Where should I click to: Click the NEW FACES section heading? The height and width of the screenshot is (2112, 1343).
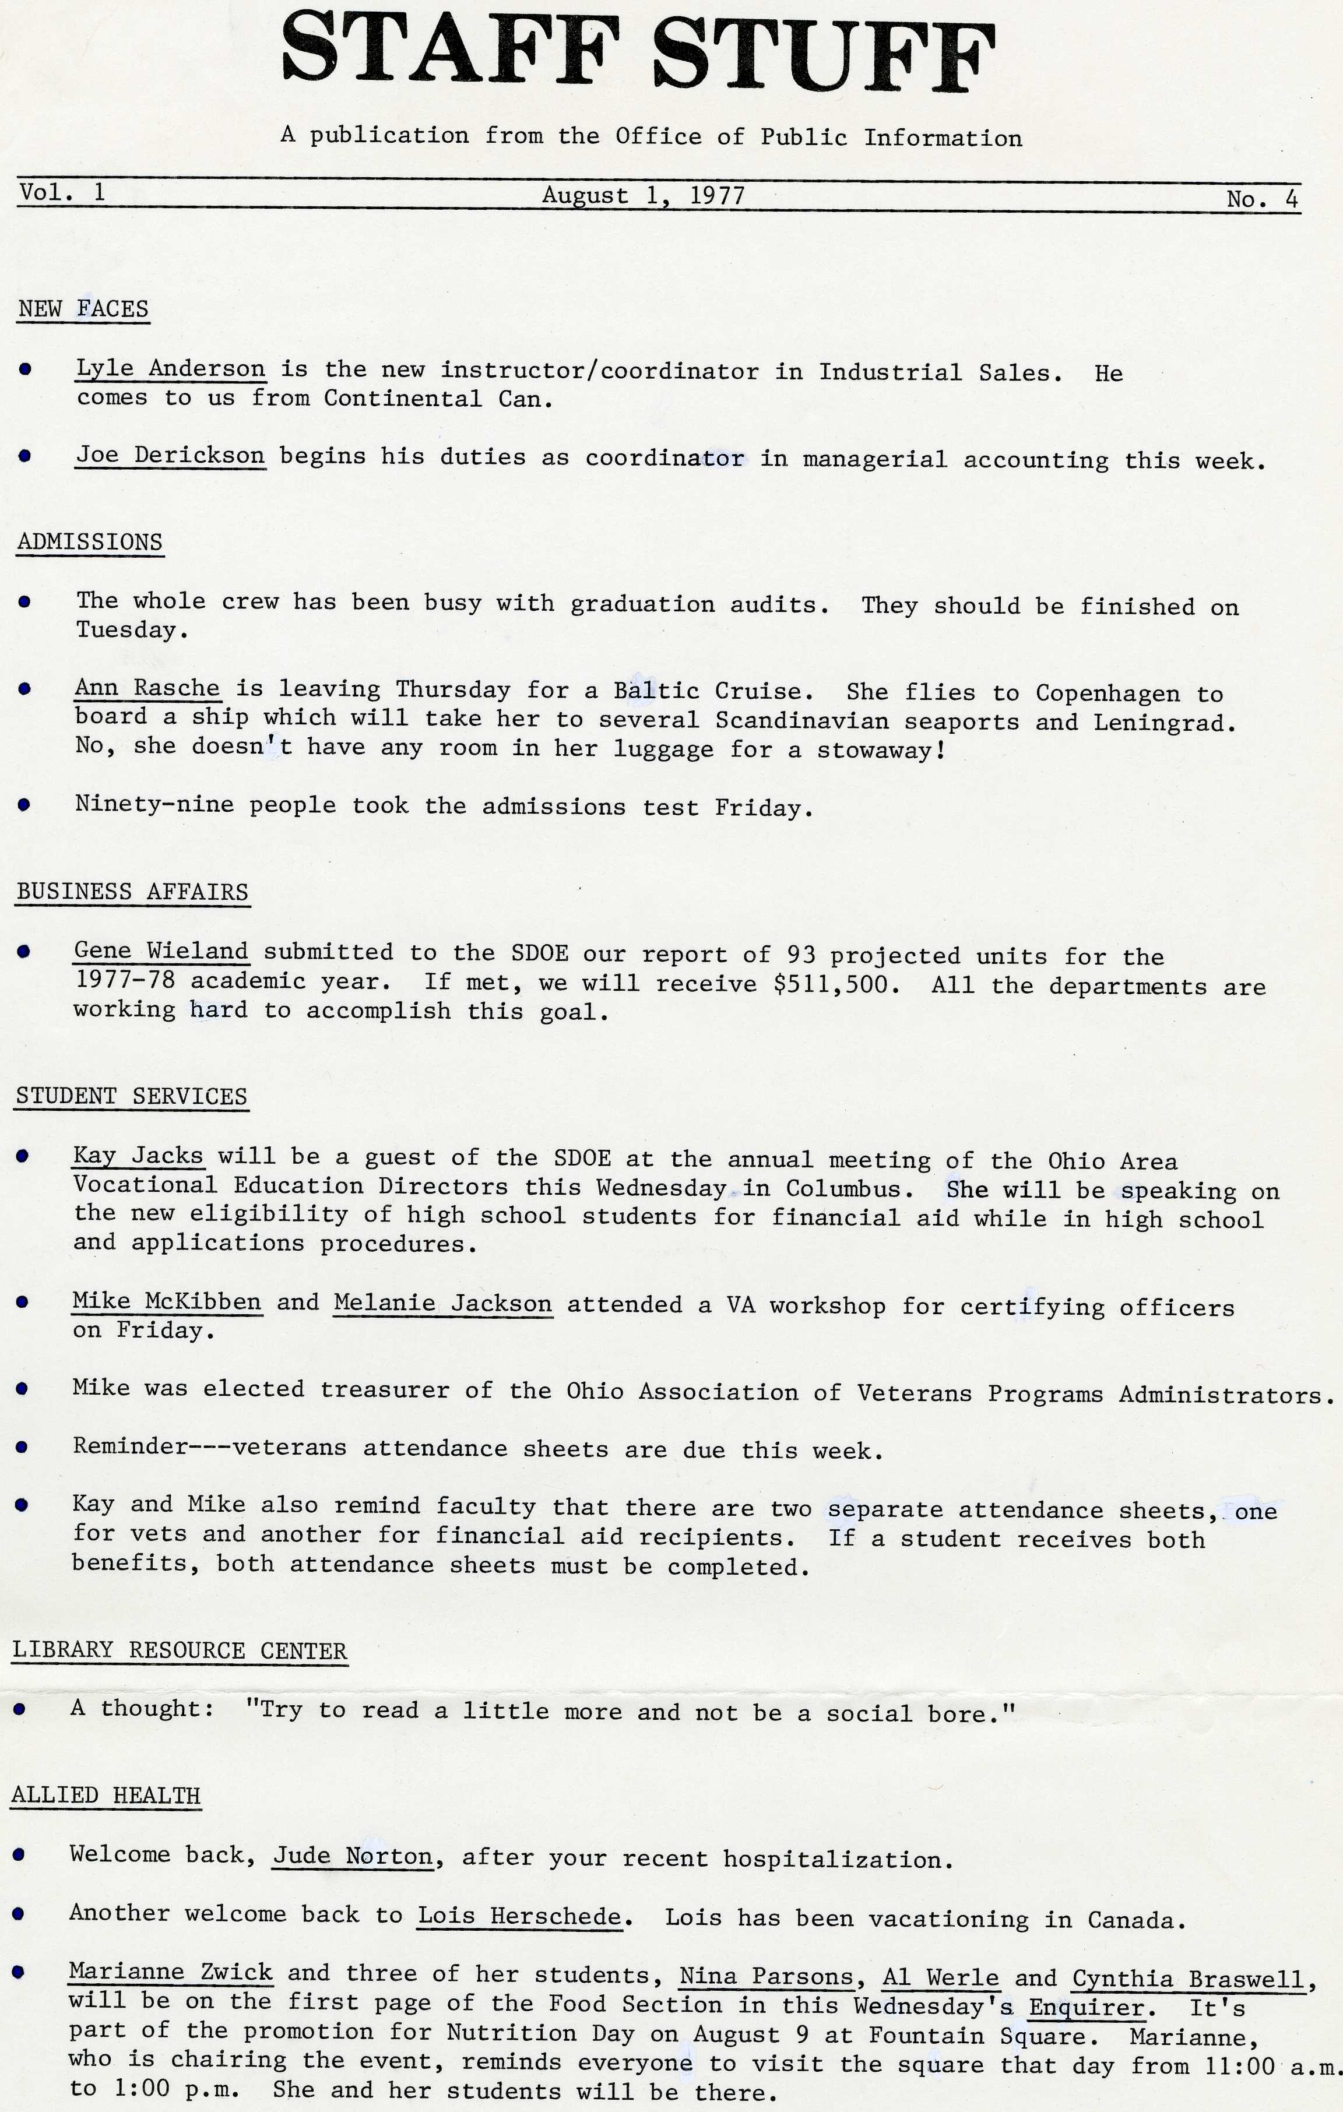pos(83,309)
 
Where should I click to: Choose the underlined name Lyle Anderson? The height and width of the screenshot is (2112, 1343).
pos(170,368)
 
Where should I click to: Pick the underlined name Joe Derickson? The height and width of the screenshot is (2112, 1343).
pos(170,455)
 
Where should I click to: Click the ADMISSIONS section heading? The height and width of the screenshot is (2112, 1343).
pos(89,542)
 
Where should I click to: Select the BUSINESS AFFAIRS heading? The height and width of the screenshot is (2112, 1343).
pos(132,892)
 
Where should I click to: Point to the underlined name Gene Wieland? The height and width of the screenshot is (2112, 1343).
pos(161,951)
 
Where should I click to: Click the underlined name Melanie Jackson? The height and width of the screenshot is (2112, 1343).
pos(443,1303)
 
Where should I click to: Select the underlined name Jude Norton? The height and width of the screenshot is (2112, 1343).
pos(353,1856)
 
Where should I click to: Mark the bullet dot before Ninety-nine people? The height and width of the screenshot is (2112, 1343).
pos(24,804)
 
